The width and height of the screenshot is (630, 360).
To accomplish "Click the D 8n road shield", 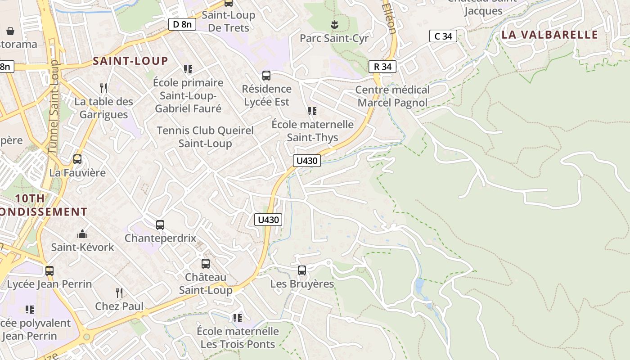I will coord(182,24).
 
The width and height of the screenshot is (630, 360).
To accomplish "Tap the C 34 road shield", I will coord(443,36).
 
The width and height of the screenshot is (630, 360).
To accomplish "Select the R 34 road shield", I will coord(382,67).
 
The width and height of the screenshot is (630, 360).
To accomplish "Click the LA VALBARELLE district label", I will coord(549,35).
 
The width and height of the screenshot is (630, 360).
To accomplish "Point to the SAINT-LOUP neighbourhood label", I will coord(130,61).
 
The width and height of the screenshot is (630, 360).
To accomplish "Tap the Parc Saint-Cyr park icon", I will coord(334,24).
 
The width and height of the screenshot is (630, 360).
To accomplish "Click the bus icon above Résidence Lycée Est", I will coord(266,75).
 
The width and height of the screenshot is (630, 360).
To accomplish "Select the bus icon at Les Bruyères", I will coord(302,270).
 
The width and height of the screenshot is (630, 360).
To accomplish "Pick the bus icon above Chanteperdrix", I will coord(160,225).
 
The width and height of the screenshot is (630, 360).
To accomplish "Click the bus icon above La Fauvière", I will coord(77,159).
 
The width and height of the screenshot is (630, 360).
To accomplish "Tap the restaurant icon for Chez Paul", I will coord(119,293).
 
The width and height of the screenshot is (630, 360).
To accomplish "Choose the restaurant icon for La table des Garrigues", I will coord(103,88).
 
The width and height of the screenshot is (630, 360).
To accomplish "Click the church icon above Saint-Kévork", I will coord(82,234).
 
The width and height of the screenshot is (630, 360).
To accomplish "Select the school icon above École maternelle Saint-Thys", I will coord(312,111).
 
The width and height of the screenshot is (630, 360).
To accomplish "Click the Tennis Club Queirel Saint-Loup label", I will coord(205,137).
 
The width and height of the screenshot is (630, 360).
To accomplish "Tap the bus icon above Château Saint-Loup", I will coord(206,263).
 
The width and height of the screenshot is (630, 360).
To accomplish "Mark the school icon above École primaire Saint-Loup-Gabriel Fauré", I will coord(188,69).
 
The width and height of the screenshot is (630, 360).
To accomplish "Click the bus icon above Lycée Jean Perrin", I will coord(49,270).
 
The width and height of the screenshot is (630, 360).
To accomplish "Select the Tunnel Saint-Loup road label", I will coord(54,108).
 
